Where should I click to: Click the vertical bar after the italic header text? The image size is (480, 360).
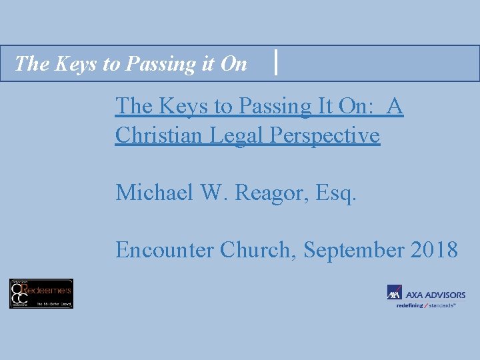pos(276,63)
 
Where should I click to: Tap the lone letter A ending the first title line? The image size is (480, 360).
pos(395,106)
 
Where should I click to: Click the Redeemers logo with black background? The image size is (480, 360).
pos(41,293)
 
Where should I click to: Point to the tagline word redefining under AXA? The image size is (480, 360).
pos(409,305)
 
